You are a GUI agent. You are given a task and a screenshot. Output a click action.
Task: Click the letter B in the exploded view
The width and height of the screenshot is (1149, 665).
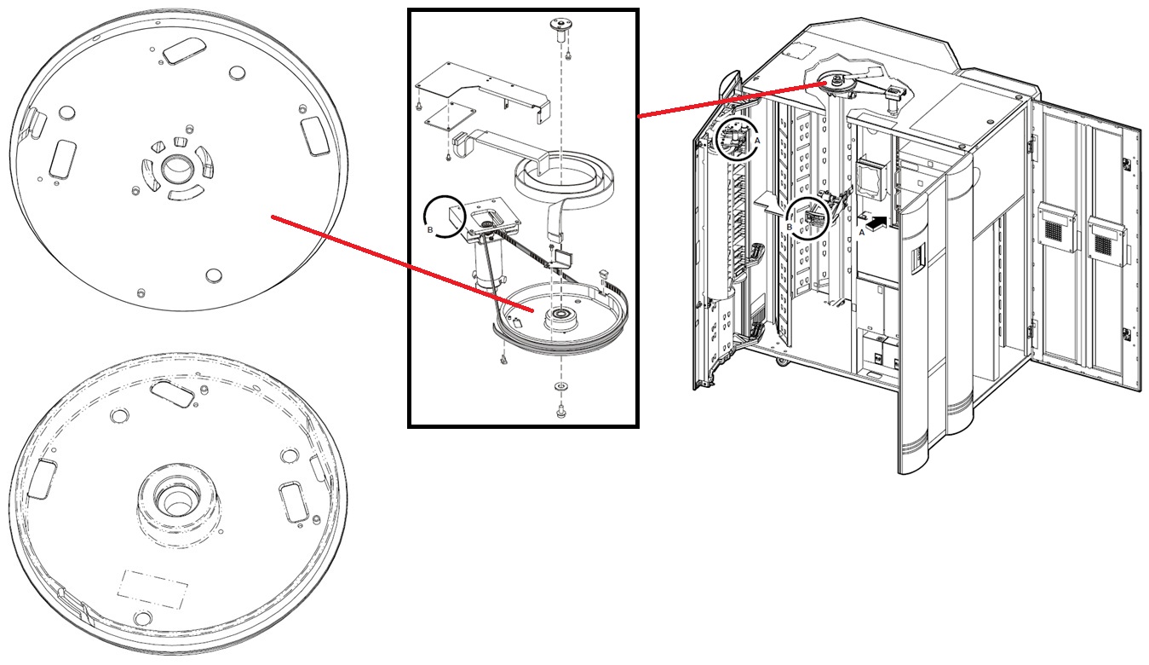[x=430, y=229]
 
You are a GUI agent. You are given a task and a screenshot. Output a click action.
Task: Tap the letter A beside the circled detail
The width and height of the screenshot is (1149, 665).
[x=757, y=140]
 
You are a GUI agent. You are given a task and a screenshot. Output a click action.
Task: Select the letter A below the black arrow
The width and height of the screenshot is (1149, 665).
[x=862, y=233]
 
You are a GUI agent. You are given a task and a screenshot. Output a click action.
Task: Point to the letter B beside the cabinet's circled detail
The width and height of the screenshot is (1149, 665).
[x=790, y=227]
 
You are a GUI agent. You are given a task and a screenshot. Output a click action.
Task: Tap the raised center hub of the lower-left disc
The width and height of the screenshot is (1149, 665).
[x=179, y=500]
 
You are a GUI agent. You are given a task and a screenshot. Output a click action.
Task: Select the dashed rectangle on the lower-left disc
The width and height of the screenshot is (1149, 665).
[x=152, y=588]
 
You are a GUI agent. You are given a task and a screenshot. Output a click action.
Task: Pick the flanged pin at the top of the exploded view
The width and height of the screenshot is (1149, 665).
[x=560, y=31]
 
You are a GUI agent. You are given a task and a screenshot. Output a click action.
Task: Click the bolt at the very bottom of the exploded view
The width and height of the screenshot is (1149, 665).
[x=560, y=411]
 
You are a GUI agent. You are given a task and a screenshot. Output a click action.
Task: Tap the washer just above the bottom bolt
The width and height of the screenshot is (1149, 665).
[x=561, y=387]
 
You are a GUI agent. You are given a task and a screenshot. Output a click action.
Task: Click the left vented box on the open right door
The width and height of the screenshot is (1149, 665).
[x=1059, y=228]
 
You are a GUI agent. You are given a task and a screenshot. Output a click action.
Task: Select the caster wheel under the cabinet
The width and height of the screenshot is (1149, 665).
[x=782, y=361]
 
